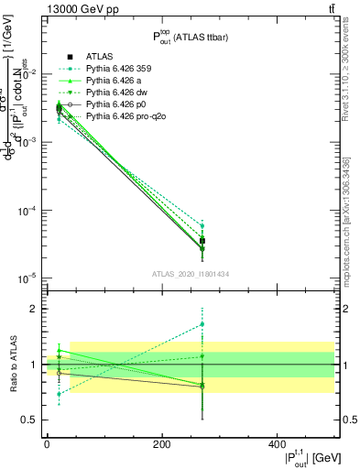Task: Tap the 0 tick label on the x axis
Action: tap(47, 444)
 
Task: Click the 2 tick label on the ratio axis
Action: tap(32, 309)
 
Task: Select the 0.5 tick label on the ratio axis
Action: tap(28, 420)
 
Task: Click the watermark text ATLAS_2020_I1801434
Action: tap(190, 274)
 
